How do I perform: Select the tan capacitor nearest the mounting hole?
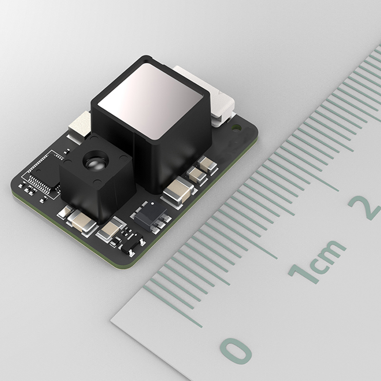[x=208, y=165]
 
